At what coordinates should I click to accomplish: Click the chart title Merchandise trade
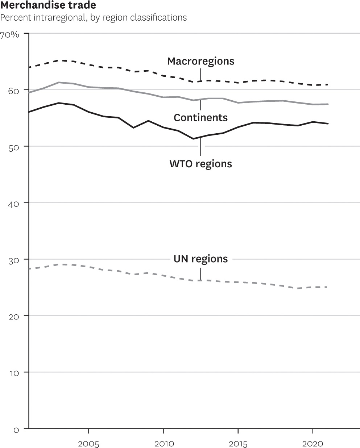48,5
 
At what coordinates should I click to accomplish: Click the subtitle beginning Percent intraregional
94,17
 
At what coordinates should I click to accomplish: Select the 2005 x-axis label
88,444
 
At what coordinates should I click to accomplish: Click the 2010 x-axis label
164,444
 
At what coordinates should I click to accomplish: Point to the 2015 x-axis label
238,444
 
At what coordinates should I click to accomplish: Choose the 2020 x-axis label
313,444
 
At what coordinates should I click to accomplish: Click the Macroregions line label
200,61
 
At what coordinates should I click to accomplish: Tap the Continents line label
200,118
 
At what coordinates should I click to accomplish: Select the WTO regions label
200,164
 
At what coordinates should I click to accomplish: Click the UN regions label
200,259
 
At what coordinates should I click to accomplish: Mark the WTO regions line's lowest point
193,139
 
